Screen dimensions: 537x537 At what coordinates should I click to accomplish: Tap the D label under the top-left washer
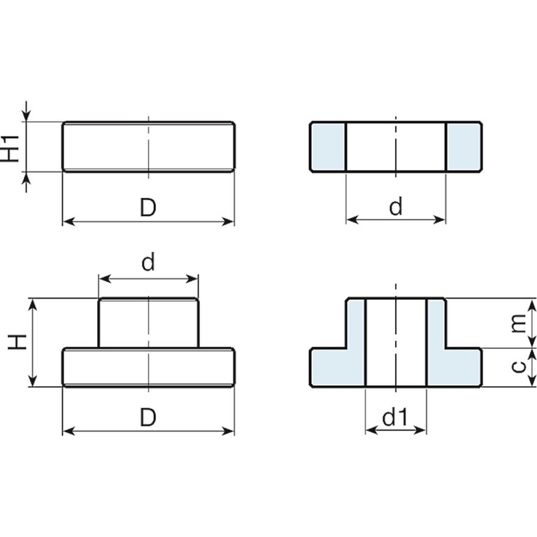click(148, 208)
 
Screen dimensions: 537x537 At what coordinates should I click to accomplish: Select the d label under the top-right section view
click(396, 207)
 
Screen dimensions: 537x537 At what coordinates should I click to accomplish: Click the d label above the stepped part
click(148, 262)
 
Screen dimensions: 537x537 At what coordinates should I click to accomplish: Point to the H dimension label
click(17, 342)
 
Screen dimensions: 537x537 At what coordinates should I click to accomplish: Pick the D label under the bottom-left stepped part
click(148, 417)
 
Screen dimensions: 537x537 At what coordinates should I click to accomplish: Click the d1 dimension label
click(395, 417)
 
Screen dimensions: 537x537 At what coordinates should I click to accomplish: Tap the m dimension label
click(518, 323)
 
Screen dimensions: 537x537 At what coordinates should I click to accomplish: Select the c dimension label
click(519, 366)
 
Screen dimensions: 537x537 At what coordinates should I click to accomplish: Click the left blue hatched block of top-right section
click(328, 147)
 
